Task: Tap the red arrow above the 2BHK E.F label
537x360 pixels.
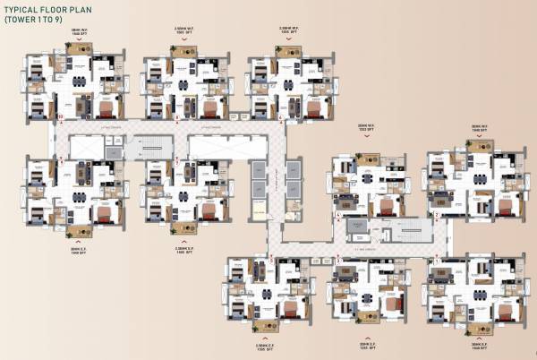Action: (x=366, y=332)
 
